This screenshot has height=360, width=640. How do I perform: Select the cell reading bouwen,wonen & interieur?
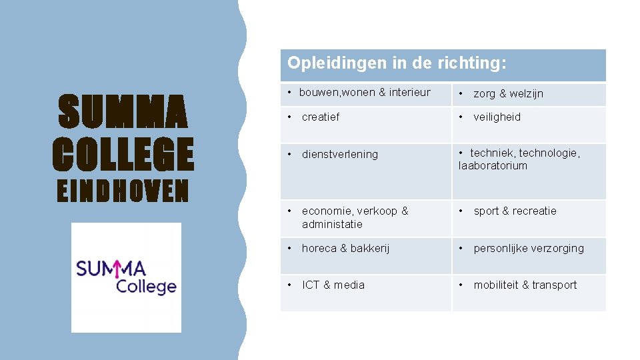click(x=365, y=93)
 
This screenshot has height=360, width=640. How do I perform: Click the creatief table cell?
click(x=321, y=117)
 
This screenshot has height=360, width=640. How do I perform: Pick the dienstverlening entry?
click(x=339, y=155)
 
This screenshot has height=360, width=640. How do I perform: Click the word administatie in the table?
click(x=332, y=224)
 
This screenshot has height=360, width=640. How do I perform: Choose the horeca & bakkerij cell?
click(x=345, y=249)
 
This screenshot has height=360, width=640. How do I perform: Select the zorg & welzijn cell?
click(x=508, y=94)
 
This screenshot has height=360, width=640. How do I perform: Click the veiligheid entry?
click(x=497, y=117)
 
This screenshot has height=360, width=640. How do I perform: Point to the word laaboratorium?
click(x=493, y=166)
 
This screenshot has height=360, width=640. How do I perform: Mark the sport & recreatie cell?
click(x=515, y=211)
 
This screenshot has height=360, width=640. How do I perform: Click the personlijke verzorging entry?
click(x=529, y=249)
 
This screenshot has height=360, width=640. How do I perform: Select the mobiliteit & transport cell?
click(x=525, y=285)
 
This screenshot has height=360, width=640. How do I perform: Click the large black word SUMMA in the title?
click(x=123, y=113)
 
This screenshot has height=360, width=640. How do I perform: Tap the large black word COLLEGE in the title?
click(x=123, y=153)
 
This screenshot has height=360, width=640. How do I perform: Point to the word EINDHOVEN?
click(x=123, y=192)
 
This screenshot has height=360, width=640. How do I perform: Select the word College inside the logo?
click(x=146, y=287)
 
